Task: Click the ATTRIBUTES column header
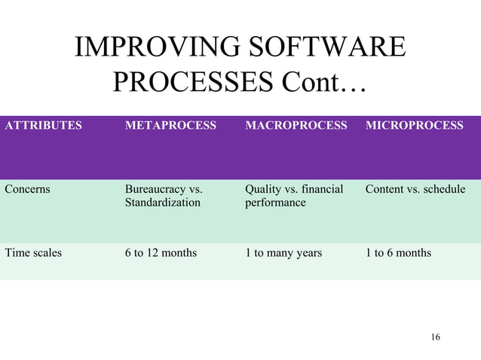[x=44, y=126]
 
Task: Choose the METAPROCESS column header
[x=170, y=126]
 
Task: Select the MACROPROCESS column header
[x=296, y=126]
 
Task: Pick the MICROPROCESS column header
[x=414, y=126]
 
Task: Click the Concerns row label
[x=27, y=189]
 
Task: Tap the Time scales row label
[x=33, y=253]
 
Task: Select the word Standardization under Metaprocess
[x=163, y=203]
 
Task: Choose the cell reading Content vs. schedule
[x=415, y=189]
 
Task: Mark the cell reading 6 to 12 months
[x=161, y=253]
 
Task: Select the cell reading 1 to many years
[x=283, y=253]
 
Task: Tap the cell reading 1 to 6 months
[x=398, y=253]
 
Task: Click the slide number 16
[x=435, y=337]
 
